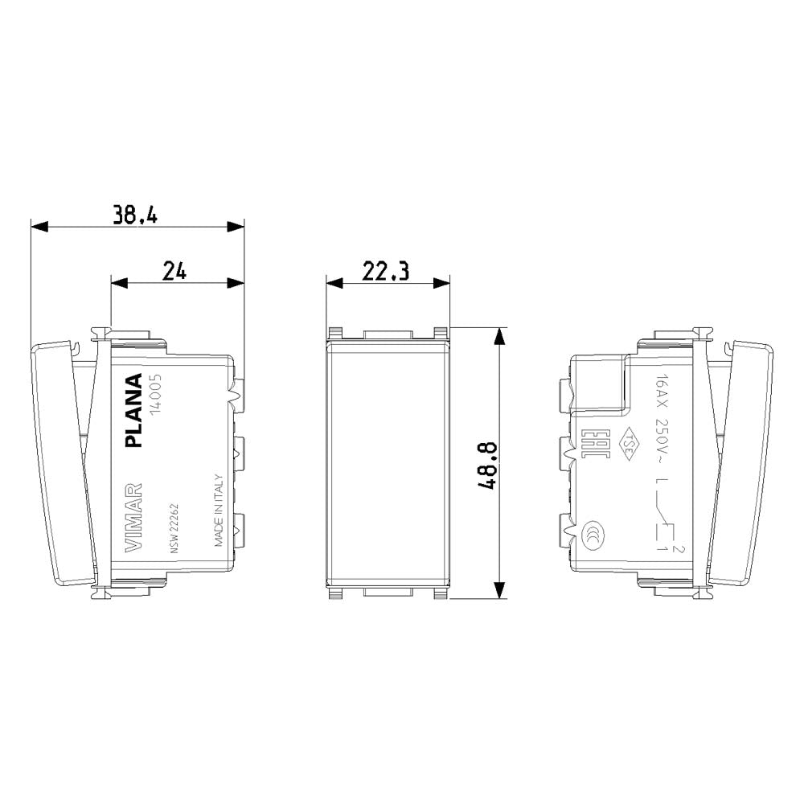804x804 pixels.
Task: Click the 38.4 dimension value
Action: [136, 214]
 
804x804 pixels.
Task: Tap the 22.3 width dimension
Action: [386, 272]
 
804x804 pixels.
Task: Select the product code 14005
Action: [158, 394]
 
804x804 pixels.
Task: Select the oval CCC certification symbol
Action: [595, 531]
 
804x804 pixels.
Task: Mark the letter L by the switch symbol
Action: [660, 483]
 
